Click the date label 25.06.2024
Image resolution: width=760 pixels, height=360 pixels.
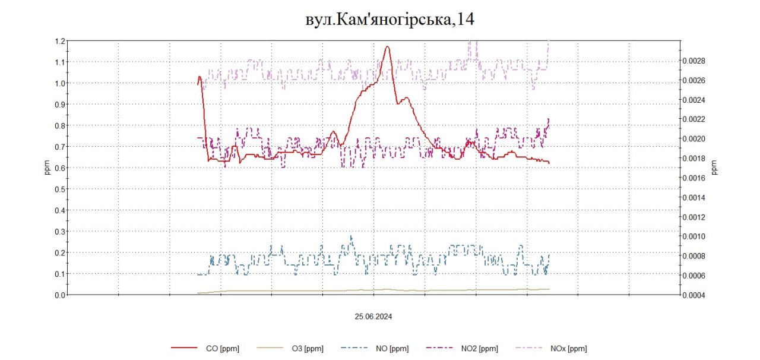pyautogui.click(x=373, y=317)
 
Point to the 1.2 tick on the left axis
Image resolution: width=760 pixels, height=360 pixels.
pyautogui.click(x=59, y=41)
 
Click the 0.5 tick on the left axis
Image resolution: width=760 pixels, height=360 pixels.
pyautogui.click(x=59, y=189)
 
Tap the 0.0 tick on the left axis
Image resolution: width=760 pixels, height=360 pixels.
pyautogui.click(x=59, y=295)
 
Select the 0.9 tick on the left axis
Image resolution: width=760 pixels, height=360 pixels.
pyautogui.click(x=59, y=105)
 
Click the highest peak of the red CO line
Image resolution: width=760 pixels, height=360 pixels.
pyautogui.click(x=388, y=46)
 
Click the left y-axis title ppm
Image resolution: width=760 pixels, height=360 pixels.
pyautogui.click(x=47, y=168)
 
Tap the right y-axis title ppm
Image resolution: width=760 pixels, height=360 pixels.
pyautogui.click(x=714, y=168)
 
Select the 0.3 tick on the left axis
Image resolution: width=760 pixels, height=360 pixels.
pyautogui.click(x=59, y=231)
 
